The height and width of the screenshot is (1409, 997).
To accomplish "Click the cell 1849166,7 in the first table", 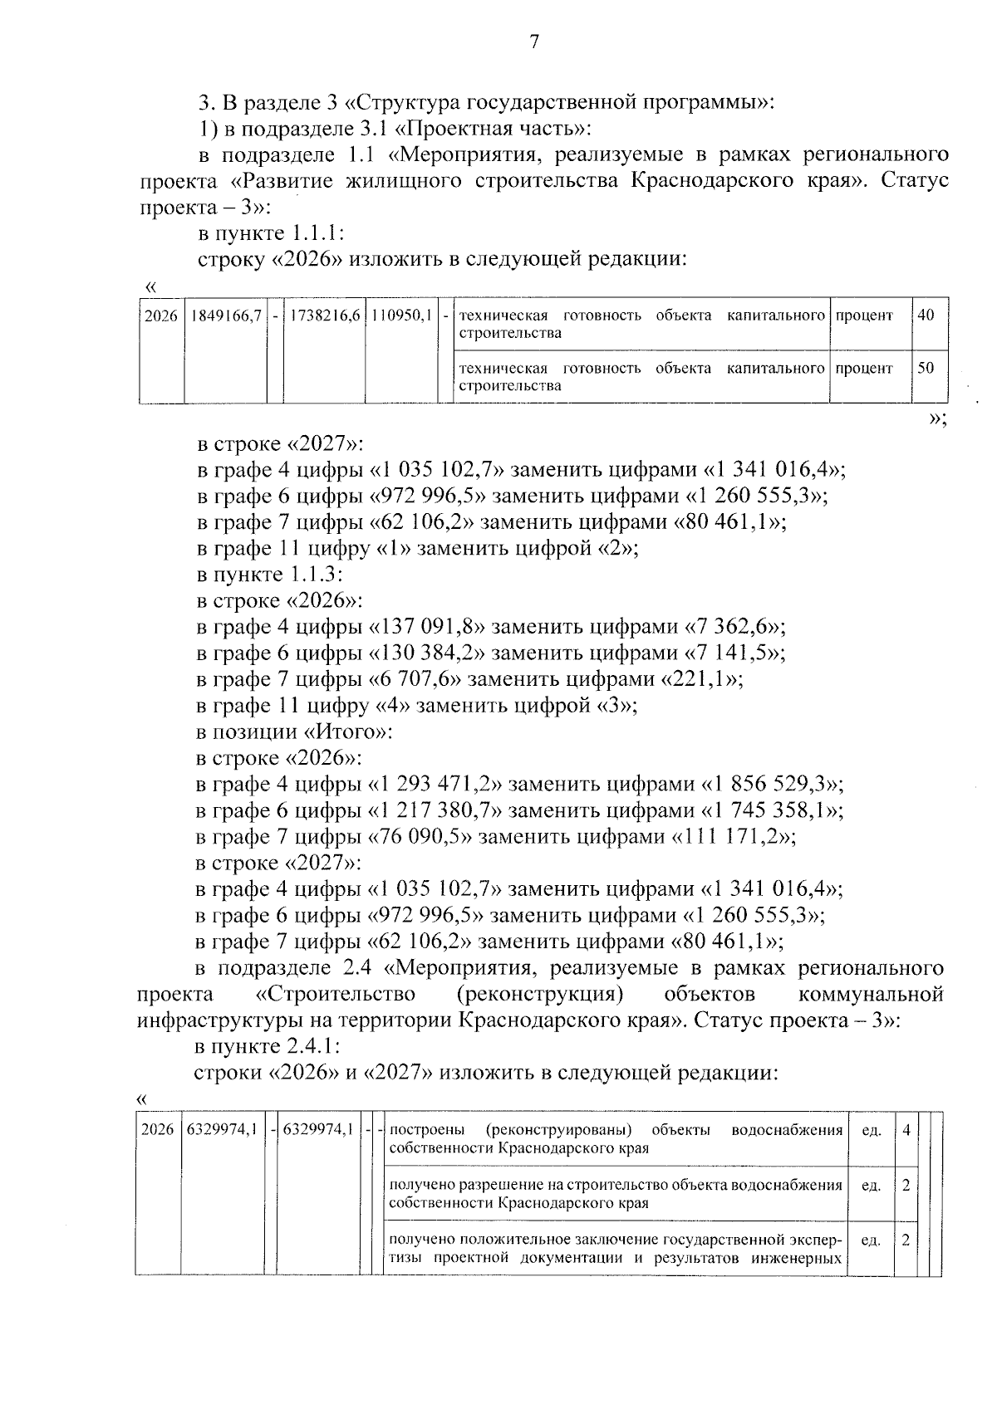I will pos(225,316).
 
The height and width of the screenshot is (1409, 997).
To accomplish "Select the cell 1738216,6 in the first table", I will pos(324,316).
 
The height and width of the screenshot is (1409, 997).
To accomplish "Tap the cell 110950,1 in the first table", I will pos(401,316).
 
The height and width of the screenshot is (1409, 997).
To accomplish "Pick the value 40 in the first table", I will pos(926,316).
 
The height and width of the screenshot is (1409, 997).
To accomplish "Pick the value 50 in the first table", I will pos(926,368).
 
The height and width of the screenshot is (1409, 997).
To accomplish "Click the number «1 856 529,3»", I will pos(773,785).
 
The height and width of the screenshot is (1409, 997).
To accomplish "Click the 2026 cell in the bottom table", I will pos(157,1130).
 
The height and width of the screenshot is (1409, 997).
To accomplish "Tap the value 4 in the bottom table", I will pos(906,1130).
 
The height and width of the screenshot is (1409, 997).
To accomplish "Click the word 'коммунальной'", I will pos(870,994).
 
